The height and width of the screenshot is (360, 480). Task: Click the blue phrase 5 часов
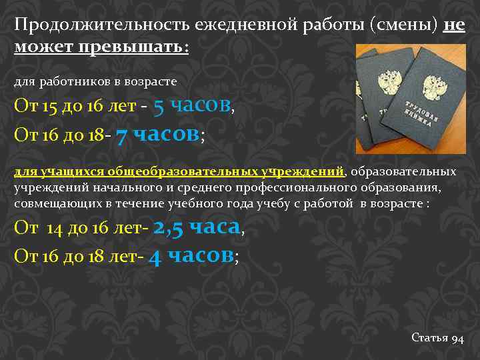pos(192,105)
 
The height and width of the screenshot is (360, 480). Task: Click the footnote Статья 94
pos(437,339)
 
